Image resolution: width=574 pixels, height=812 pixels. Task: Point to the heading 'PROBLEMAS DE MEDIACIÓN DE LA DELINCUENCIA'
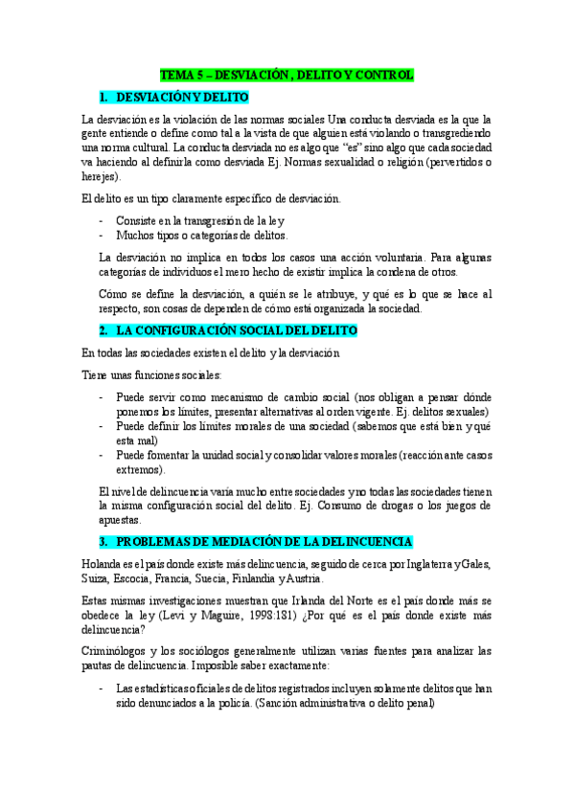click(264, 541)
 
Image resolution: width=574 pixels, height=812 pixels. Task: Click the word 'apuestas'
click(120, 520)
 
